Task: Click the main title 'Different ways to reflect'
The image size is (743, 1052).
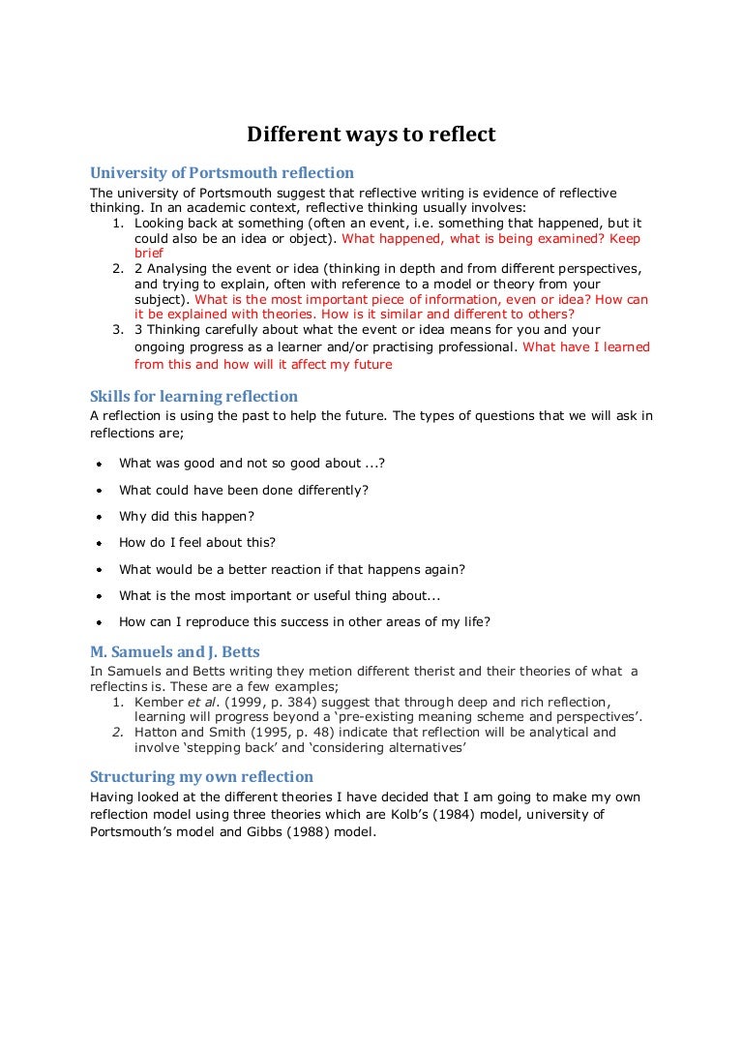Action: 371,135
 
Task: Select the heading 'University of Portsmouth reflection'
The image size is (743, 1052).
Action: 222,173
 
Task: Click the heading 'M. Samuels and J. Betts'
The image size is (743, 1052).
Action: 174,651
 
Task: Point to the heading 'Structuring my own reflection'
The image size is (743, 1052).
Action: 201,776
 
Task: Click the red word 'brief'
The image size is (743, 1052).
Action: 149,253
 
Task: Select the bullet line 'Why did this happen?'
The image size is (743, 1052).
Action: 187,517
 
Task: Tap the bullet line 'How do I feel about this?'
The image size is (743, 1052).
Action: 197,543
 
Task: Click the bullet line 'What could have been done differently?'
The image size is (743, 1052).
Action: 244,491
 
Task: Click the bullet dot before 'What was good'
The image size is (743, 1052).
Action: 99,465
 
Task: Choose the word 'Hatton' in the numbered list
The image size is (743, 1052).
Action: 157,733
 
